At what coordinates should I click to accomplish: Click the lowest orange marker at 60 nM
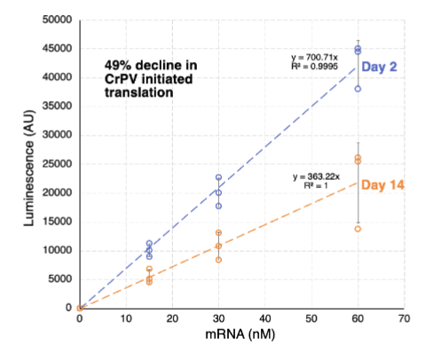pos(358,229)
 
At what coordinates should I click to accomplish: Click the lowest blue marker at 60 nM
pos(358,89)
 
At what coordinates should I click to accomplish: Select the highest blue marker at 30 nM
pos(218,177)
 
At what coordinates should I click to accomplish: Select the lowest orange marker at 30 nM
pos(218,260)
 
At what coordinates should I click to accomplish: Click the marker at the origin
pos(80,308)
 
